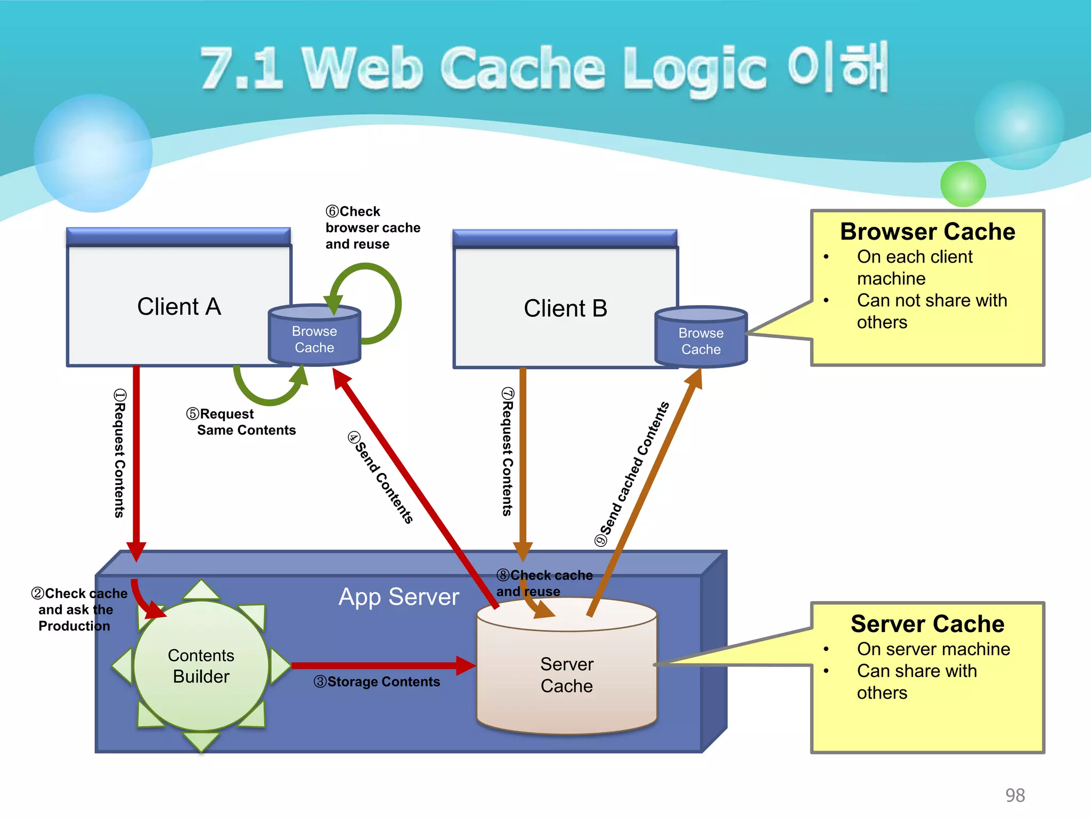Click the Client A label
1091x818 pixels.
click(x=179, y=307)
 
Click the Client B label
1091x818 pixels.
click(x=565, y=308)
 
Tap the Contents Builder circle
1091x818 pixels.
click(x=201, y=666)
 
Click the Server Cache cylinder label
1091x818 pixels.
click(x=566, y=675)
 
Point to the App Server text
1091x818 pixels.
click(x=398, y=596)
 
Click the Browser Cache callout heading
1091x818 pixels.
click(x=927, y=232)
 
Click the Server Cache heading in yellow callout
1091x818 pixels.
click(x=927, y=624)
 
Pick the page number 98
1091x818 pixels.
click(x=1015, y=795)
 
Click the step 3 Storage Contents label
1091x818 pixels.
click(x=377, y=682)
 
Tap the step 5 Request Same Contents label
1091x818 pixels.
click(x=241, y=422)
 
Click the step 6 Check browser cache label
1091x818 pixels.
click(x=372, y=228)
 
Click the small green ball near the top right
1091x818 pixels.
click(x=963, y=184)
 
